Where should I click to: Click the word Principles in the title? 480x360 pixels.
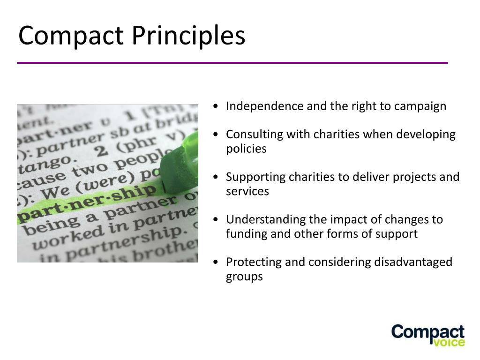(188, 37)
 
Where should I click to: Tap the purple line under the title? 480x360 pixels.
(232, 62)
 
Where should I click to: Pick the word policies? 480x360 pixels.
(246, 149)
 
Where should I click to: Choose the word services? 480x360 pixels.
(247, 191)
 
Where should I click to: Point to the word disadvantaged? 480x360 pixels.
(413, 262)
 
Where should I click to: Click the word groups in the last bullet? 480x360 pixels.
(244, 277)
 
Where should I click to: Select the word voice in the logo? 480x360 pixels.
(450, 342)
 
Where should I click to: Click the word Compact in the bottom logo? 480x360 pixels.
(428, 332)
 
